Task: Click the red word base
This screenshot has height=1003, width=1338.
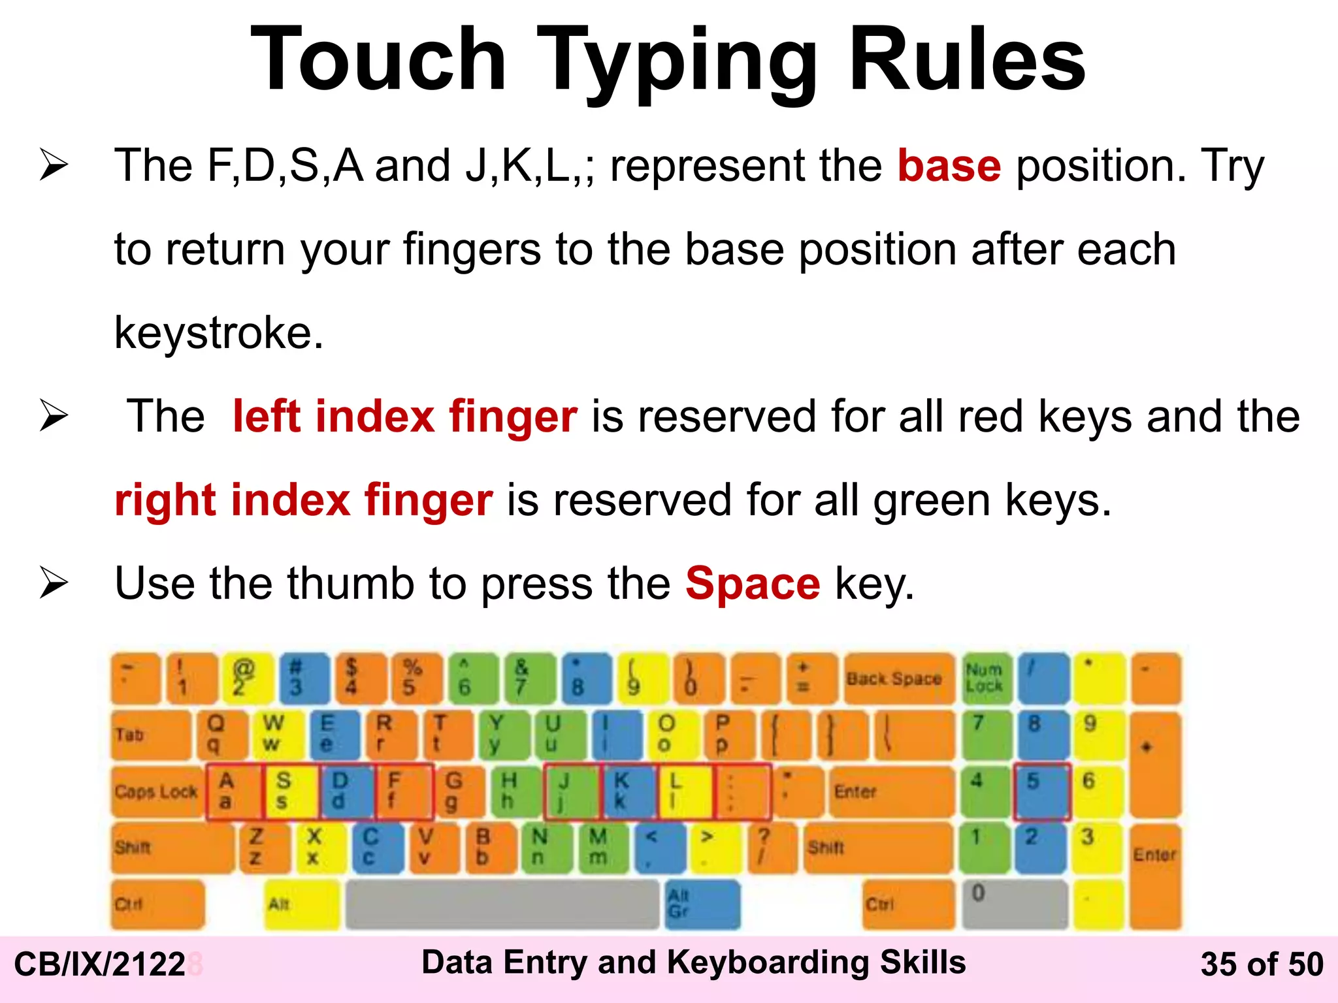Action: [949, 166]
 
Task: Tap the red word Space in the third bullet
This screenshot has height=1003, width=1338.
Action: [752, 583]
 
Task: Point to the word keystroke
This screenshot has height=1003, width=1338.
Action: [218, 333]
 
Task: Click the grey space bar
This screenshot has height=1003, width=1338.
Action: [502, 904]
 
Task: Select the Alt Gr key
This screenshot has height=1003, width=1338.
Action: [702, 904]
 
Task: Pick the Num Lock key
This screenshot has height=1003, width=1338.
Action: [985, 678]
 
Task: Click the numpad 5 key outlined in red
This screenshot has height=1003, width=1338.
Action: [1041, 791]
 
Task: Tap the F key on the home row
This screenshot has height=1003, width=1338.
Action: [404, 791]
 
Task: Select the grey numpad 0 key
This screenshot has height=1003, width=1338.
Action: [1013, 904]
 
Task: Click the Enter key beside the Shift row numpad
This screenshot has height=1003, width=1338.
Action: [1155, 875]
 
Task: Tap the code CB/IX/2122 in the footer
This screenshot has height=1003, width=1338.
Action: [100, 964]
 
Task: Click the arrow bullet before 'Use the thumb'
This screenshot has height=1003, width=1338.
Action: [54, 582]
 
